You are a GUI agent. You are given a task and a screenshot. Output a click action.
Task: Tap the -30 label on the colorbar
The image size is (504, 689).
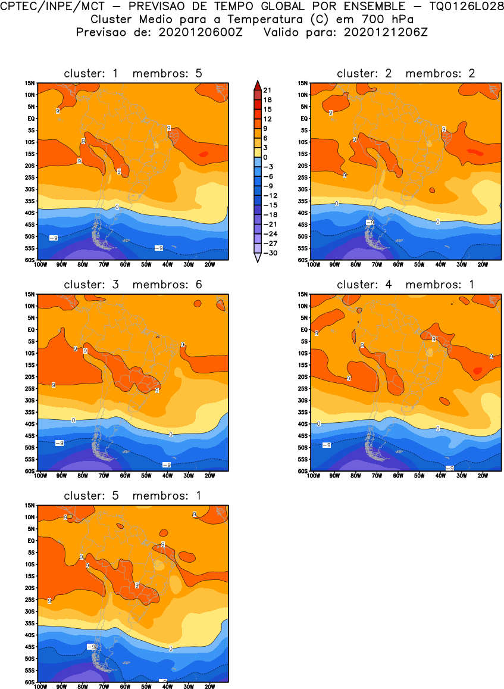pos(270,253)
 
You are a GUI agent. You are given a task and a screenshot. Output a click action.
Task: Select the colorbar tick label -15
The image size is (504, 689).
pos(270,205)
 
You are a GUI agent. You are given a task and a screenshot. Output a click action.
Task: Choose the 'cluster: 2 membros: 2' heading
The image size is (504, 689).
pos(406,74)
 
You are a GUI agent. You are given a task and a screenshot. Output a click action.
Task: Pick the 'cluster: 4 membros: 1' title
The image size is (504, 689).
pos(406,285)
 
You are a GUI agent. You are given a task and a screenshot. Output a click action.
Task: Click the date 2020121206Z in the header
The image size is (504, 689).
pos(386,33)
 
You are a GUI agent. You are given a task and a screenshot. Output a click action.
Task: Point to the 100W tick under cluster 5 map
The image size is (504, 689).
pos(40,686)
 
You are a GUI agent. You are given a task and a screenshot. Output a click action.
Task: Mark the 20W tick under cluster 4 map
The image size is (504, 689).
pos(483,475)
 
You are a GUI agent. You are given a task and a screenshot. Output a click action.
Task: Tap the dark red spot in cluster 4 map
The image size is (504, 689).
pos(477,370)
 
